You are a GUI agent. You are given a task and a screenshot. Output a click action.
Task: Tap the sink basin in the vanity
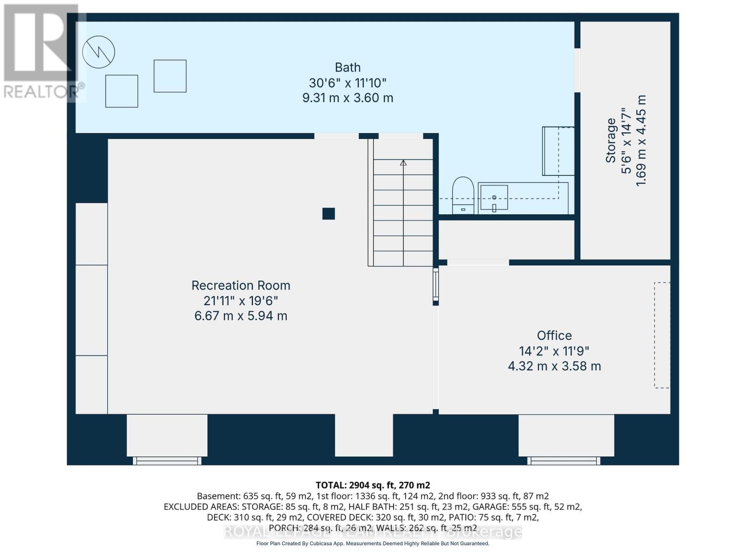[x=494, y=198]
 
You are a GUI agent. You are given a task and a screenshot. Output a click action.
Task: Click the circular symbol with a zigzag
[x=98, y=52]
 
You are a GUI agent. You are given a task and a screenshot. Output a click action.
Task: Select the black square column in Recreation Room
[x=329, y=214]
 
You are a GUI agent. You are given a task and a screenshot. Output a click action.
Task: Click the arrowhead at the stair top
[x=403, y=163]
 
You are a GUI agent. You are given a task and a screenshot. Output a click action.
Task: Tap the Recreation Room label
[x=241, y=286]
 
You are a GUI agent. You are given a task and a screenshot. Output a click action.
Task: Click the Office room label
[x=554, y=335]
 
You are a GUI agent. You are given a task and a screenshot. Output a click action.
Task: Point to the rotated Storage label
[x=611, y=140]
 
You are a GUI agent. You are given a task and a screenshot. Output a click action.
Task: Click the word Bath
[x=348, y=68]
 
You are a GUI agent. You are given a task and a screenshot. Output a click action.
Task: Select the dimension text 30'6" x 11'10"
[x=348, y=83]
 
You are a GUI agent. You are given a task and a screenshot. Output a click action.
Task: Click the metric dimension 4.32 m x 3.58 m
[x=554, y=366]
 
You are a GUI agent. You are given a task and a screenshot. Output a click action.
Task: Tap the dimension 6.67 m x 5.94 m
[x=241, y=316]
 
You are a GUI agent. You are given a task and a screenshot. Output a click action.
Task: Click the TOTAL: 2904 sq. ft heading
[x=373, y=485]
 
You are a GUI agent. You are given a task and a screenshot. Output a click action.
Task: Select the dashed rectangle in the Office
[x=662, y=335]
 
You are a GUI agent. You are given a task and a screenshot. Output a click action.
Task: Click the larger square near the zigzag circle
[x=122, y=91]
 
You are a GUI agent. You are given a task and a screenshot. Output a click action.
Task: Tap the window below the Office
[x=564, y=461]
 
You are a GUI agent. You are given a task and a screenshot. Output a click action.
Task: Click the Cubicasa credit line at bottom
[x=373, y=544]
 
